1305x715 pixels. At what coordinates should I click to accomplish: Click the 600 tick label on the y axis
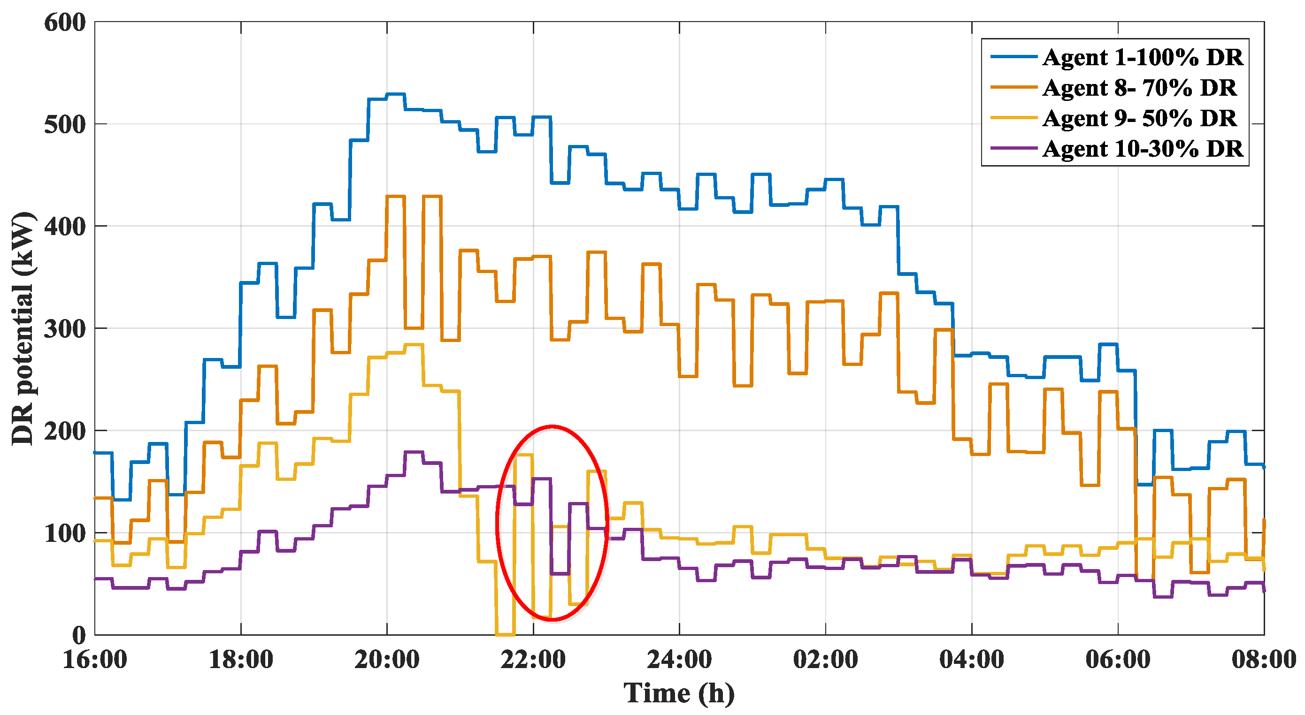[65, 23]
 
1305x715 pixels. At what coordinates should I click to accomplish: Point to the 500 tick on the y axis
[65, 125]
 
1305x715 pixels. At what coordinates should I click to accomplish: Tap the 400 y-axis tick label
[65, 227]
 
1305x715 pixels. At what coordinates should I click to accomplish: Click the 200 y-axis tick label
[65, 432]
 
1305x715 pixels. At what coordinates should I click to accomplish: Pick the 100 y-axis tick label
[65, 534]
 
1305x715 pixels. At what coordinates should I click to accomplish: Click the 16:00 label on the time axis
[95, 659]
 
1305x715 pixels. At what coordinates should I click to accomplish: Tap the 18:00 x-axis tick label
[241, 659]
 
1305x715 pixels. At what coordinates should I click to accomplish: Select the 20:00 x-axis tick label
[387, 659]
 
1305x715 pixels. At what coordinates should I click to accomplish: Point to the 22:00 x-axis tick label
[533, 659]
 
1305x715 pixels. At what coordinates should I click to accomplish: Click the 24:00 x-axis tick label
[679, 659]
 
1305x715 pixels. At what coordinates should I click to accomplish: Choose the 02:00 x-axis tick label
[826, 659]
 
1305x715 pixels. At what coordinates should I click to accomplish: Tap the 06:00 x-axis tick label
[1118, 659]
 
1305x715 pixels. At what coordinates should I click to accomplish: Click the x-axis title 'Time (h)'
[679, 693]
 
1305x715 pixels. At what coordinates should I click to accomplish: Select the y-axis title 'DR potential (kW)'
[23, 328]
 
